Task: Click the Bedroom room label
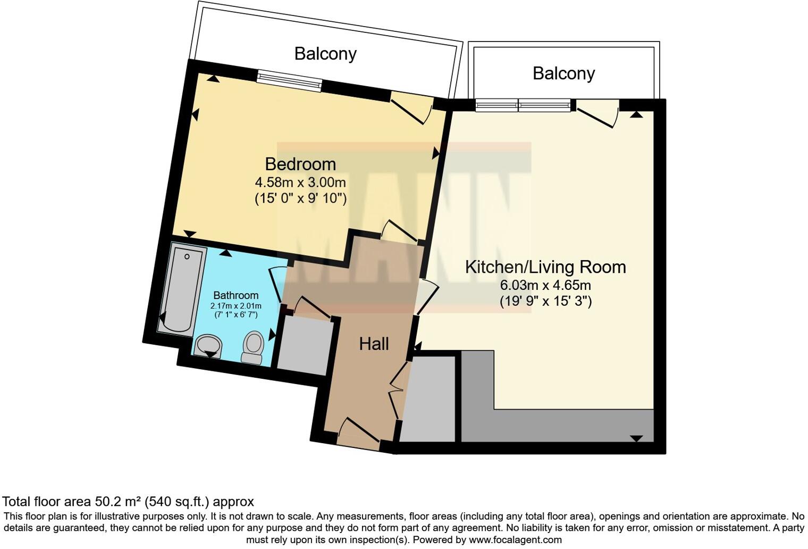pyautogui.click(x=300, y=164)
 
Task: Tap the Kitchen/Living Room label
pyautogui.click(x=545, y=267)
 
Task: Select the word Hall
pyautogui.click(x=374, y=344)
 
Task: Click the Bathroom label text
pyautogui.click(x=235, y=295)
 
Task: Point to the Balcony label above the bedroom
pyautogui.click(x=325, y=54)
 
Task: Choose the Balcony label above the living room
pyautogui.click(x=563, y=73)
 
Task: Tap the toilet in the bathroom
pyautogui.click(x=253, y=347)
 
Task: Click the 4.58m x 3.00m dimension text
pyautogui.click(x=300, y=182)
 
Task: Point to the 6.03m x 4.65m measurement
pyautogui.click(x=545, y=285)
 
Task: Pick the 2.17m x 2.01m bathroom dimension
pyautogui.click(x=235, y=306)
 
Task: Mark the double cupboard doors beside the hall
pyautogui.click(x=399, y=391)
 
